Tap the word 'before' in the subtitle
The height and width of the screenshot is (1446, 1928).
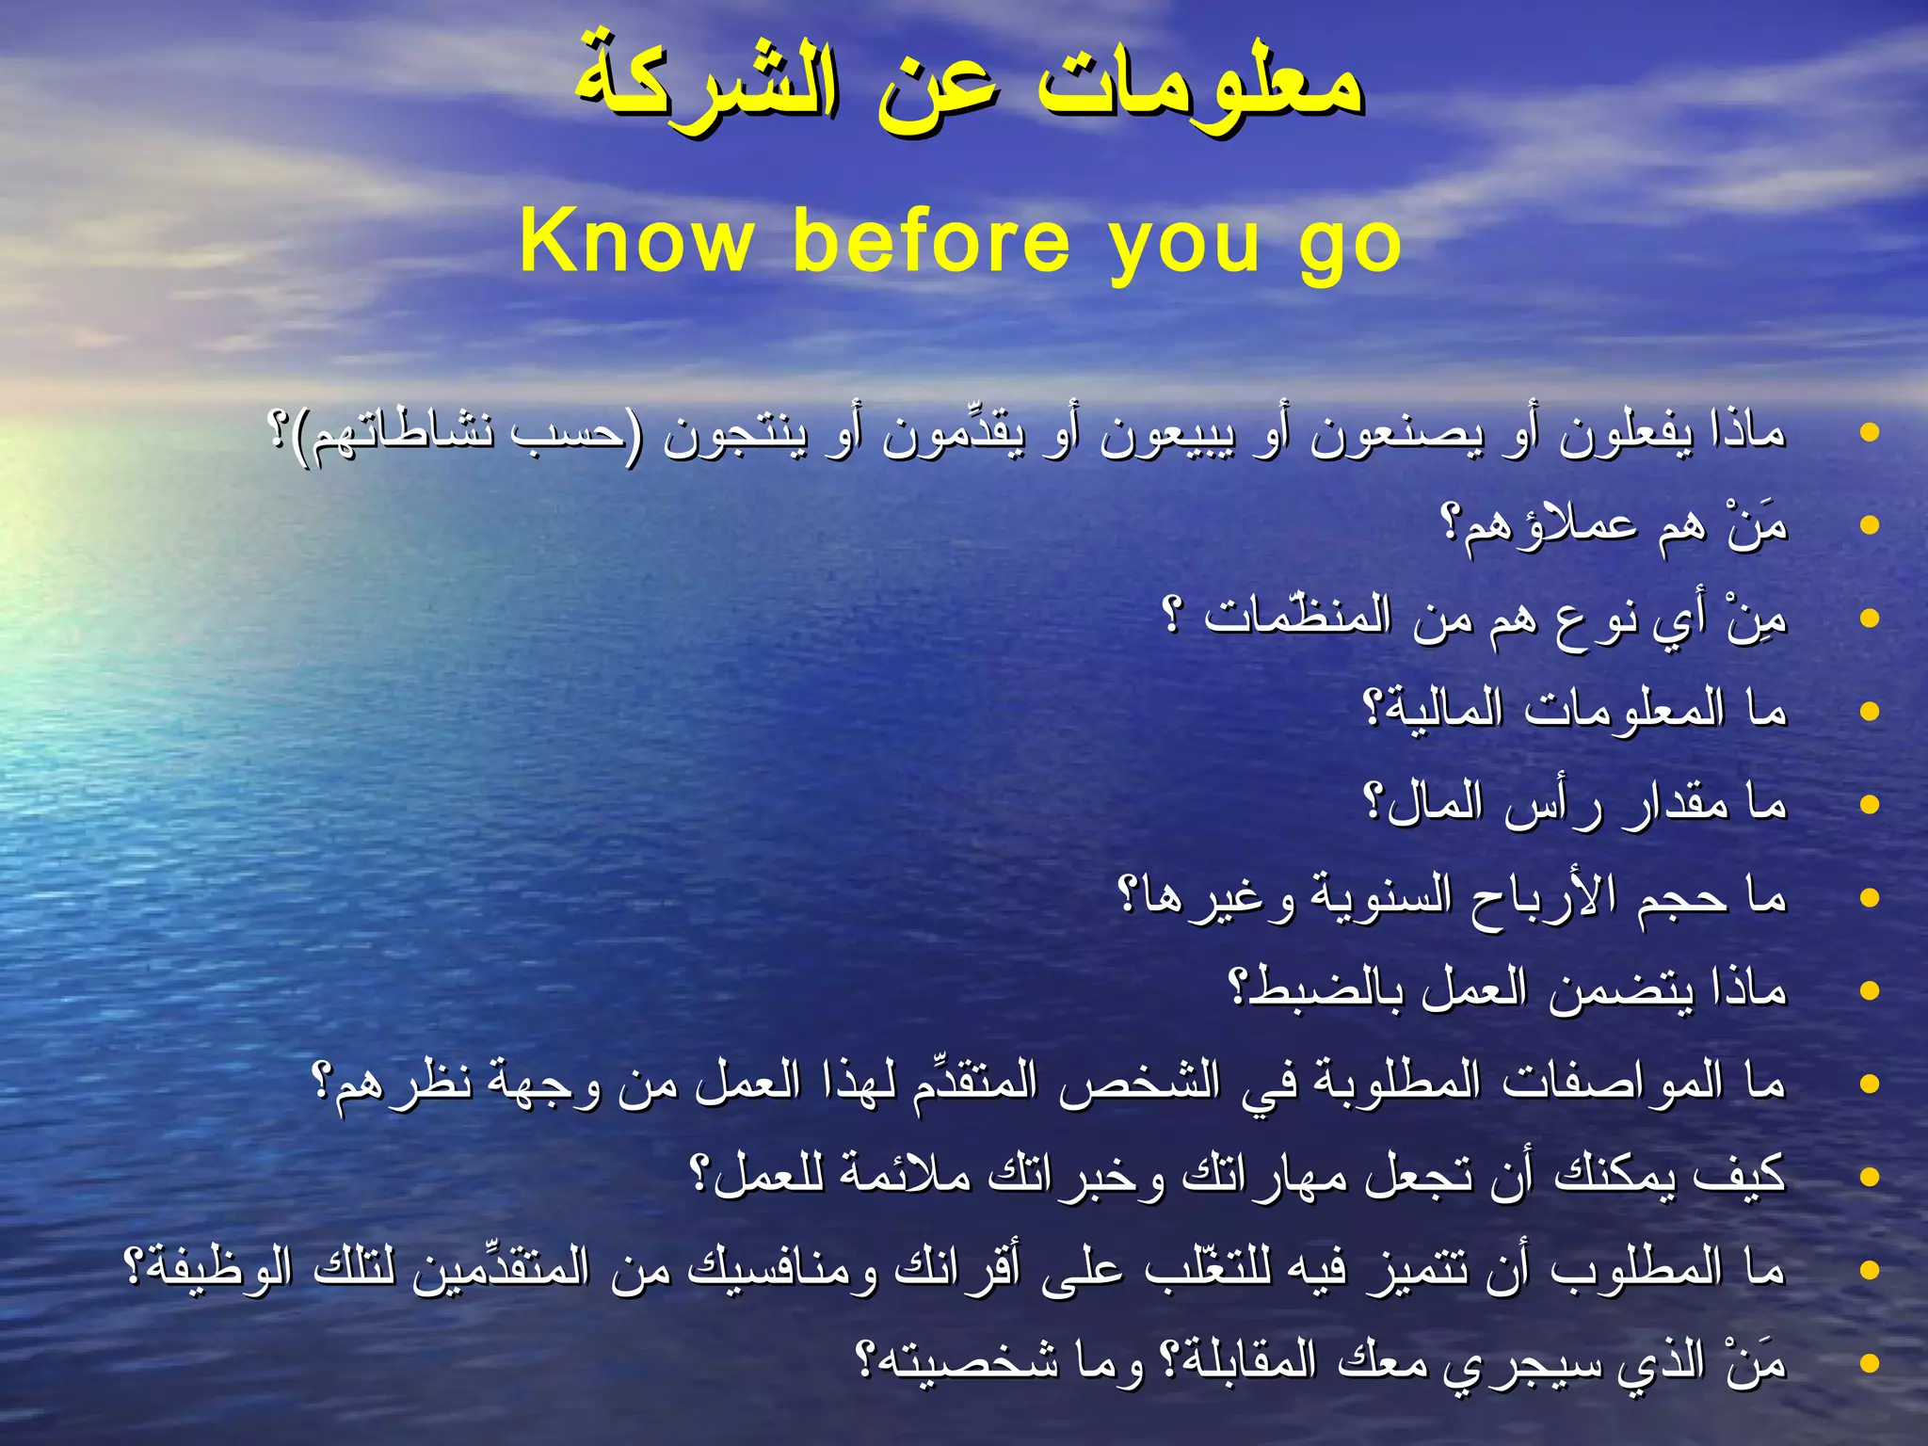(x=932, y=242)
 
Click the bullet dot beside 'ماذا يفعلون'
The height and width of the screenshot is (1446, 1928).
(x=1870, y=433)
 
